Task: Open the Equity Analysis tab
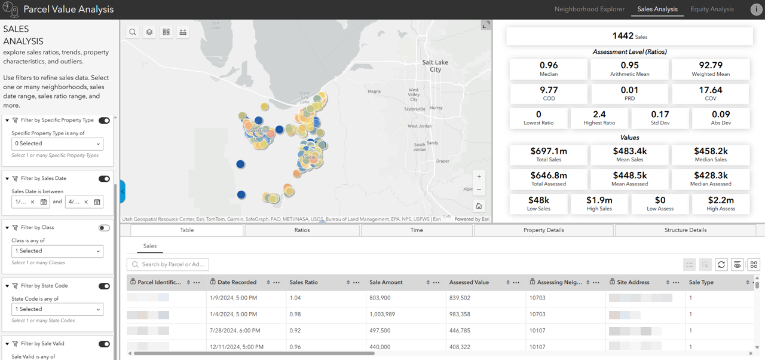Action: pos(712,9)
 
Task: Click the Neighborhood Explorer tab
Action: pos(589,9)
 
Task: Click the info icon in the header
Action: pos(756,9)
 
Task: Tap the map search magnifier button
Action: pos(133,32)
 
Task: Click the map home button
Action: pos(479,206)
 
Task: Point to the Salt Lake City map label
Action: pos(435,66)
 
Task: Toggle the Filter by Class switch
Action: pos(104,228)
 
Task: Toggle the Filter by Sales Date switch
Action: pos(104,179)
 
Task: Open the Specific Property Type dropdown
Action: pos(57,144)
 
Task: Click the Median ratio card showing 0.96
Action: pos(548,69)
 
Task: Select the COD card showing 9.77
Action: pos(548,93)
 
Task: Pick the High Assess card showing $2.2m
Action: pos(721,203)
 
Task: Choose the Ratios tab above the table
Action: pos(302,230)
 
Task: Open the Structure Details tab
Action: pos(685,230)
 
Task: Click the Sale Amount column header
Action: pos(386,282)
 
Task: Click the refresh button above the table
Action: pos(721,264)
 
